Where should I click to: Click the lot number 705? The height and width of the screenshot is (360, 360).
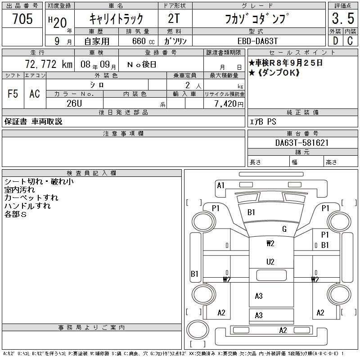[22, 18]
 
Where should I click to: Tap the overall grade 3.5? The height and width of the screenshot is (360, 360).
[343, 18]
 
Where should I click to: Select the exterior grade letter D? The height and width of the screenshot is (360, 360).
[335, 41]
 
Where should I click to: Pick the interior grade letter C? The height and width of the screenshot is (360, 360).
[350, 41]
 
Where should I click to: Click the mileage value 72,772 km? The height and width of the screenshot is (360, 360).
[49, 64]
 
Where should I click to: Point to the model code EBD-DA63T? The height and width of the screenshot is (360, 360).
[257, 41]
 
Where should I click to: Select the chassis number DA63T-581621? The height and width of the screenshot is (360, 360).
[301, 143]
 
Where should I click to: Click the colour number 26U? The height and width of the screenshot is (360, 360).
[74, 103]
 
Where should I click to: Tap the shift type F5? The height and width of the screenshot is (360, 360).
[13, 94]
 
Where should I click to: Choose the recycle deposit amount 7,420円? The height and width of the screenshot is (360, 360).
[229, 104]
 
